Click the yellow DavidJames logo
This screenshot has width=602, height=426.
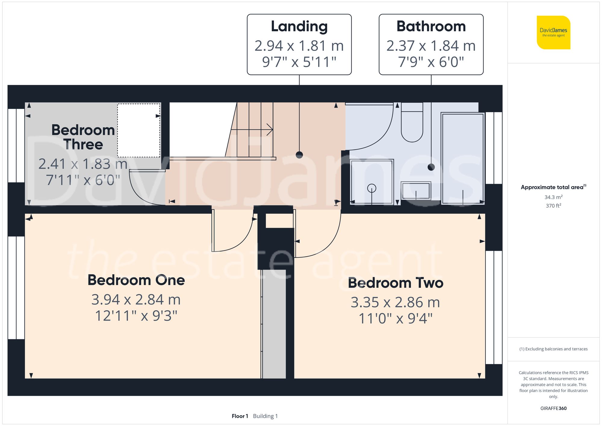(553, 33)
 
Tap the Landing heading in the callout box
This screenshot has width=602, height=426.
(299, 26)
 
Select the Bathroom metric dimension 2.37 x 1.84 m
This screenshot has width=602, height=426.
(431, 46)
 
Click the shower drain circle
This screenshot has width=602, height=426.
(372, 188)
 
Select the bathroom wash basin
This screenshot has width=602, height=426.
(416, 191)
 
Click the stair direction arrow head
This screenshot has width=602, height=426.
(270, 130)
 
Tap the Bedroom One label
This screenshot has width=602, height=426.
(136, 280)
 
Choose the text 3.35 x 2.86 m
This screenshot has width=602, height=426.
(395, 302)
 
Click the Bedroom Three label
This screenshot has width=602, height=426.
(83, 137)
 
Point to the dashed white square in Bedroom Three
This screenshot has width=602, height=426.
(138, 130)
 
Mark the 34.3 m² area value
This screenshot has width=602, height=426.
(553, 197)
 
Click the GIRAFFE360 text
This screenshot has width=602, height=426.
(553, 409)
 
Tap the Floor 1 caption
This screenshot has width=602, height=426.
(240, 416)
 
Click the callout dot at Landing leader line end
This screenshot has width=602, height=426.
(299, 155)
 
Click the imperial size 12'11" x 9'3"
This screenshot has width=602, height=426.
(136, 316)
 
